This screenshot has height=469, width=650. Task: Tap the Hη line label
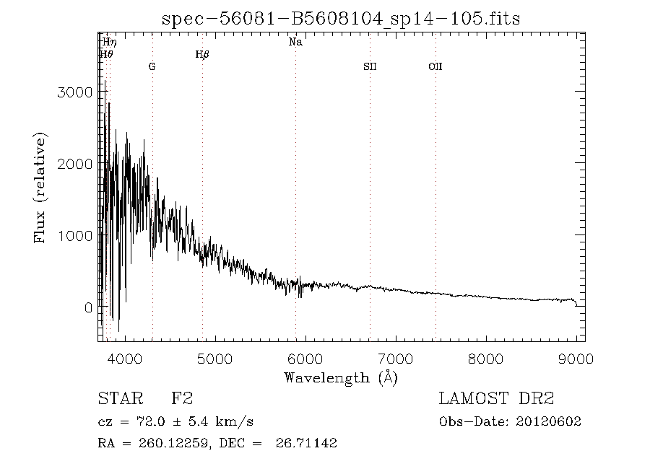(x=109, y=43)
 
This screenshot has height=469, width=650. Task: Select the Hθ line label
(x=107, y=54)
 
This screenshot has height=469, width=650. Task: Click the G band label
(x=152, y=66)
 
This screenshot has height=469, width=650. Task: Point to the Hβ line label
(x=202, y=54)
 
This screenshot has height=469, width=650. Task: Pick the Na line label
(x=295, y=43)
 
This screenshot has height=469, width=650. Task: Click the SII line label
(x=370, y=66)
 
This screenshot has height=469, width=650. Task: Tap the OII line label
(x=435, y=66)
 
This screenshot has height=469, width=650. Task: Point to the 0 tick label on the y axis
(x=88, y=307)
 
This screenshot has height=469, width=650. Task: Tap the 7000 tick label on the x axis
(x=396, y=358)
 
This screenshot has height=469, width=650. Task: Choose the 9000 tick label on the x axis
(x=576, y=358)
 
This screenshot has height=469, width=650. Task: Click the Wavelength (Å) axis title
(x=341, y=377)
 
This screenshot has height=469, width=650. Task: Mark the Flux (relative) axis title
(x=40, y=188)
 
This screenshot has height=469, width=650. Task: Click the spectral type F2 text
(x=182, y=399)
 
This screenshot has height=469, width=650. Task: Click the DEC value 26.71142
(x=306, y=444)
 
